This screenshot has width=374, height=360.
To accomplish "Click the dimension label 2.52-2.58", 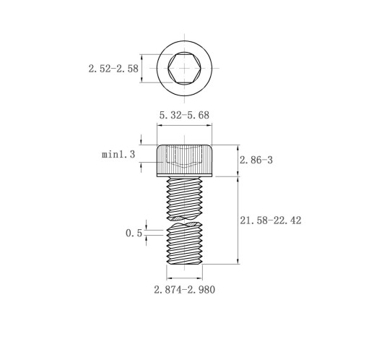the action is pyautogui.click(x=113, y=69).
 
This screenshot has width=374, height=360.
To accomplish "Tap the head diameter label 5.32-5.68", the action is pyautogui.click(x=184, y=115).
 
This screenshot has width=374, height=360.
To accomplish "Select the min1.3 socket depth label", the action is pyautogui.click(x=118, y=154).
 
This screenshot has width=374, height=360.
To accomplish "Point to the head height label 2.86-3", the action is pyautogui.click(x=256, y=160).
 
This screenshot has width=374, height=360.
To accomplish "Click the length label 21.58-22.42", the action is pyautogui.click(x=271, y=220).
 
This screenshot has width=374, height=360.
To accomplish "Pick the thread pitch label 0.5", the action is pyautogui.click(x=134, y=233).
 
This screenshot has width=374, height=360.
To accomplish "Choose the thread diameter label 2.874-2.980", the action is pyautogui.click(x=185, y=290).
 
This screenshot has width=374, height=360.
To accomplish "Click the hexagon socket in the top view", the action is pyautogui.click(x=184, y=69).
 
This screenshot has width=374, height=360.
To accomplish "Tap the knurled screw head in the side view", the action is pyautogui.click(x=185, y=160).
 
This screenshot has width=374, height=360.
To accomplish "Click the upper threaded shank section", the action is pyautogui.click(x=185, y=198).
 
